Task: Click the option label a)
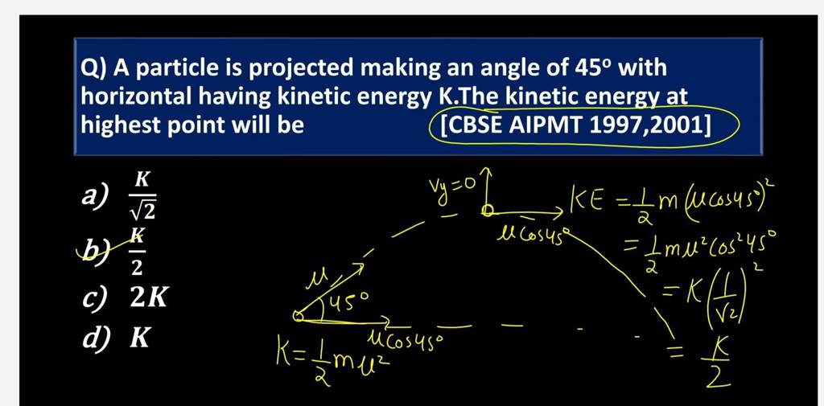(97, 196)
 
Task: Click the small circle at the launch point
(299, 318)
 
